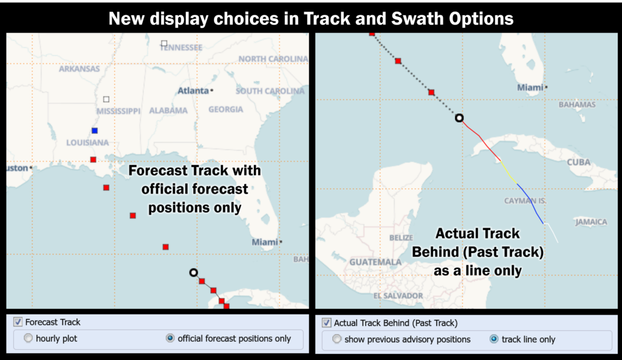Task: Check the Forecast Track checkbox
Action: click(18, 322)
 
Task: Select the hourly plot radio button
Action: click(28, 338)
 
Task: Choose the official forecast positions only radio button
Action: click(170, 338)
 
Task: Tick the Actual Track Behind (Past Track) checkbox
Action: click(326, 323)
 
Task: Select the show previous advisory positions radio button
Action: click(337, 339)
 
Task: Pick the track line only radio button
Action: click(494, 339)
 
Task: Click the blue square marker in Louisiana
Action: click(94, 131)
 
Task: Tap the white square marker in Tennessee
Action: click(164, 43)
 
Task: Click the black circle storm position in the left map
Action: click(193, 273)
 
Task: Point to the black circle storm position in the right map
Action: click(459, 118)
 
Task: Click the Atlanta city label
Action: click(193, 91)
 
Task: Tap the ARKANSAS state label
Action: click(80, 69)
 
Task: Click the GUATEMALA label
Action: click(375, 262)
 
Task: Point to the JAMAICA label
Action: click(591, 222)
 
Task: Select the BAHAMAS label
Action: click(577, 104)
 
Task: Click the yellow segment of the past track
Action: click(508, 172)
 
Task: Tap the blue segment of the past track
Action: click(530, 204)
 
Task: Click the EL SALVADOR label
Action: click(398, 296)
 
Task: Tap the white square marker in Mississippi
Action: click(106, 99)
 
